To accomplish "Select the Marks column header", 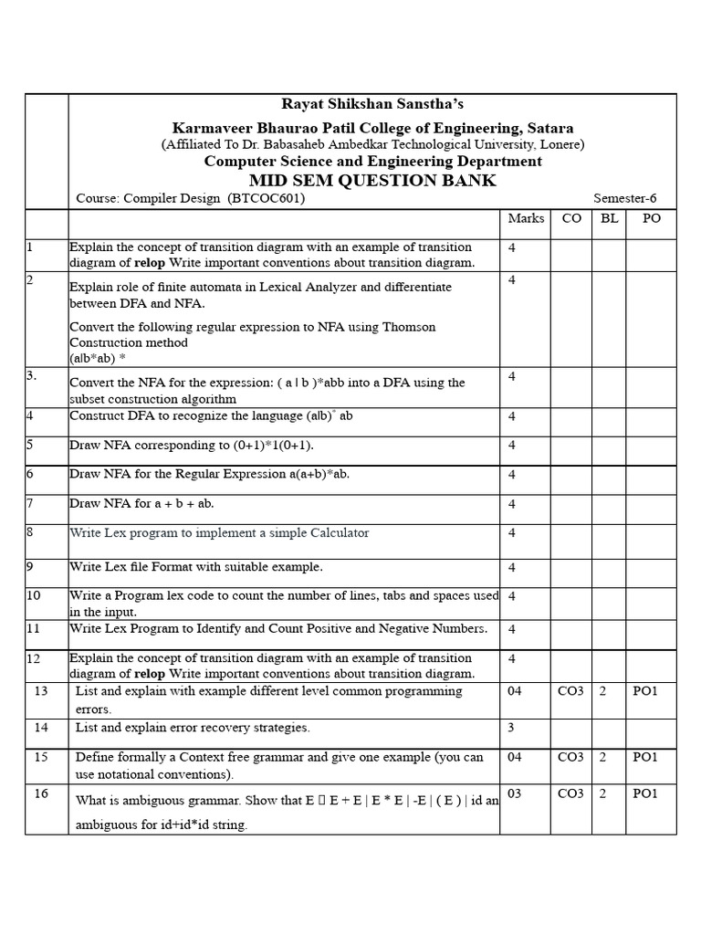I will pyautogui.click(x=526, y=218).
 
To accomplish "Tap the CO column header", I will pyautogui.click(x=571, y=218).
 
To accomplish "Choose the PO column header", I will pyautogui.click(x=651, y=218).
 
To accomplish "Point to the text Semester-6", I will pyautogui.click(x=624, y=198).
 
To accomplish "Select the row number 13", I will pyautogui.click(x=40, y=691).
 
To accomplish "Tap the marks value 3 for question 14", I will pyautogui.click(x=512, y=728).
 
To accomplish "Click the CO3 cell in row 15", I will pyautogui.click(x=570, y=757).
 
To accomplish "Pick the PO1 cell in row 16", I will pyautogui.click(x=644, y=793).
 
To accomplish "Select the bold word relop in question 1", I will pyautogui.click(x=151, y=263).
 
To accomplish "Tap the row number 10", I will pyautogui.click(x=34, y=595).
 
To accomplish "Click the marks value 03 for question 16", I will pyautogui.click(x=515, y=793).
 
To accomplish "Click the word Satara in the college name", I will pyautogui.click(x=549, y=128).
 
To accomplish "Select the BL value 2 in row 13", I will pyautogui.click(x=602, y=691).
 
